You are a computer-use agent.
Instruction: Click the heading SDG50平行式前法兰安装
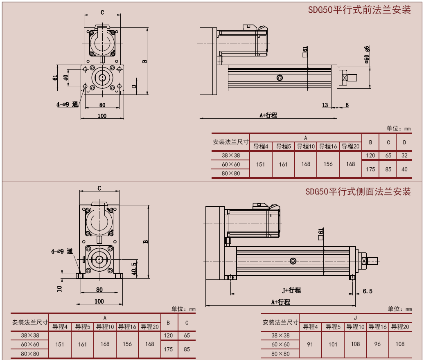point(359,10)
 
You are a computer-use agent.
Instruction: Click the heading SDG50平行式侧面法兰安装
point(358,191)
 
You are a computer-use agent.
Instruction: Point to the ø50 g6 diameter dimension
point(367,54)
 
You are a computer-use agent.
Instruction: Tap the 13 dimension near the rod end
point(325,105)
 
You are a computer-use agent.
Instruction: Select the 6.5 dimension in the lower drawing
point(368,291)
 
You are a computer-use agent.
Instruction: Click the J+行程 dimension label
point(291,290)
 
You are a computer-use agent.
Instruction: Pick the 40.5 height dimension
point(134,269)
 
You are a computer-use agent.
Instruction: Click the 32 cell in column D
point(404,155)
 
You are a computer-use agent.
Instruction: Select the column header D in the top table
point(404,142)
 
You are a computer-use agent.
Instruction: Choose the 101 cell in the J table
point(333,344)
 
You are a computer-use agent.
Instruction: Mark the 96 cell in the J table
point(377,344)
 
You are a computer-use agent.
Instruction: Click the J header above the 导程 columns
point(355,317)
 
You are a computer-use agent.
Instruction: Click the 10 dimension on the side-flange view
point(59,288)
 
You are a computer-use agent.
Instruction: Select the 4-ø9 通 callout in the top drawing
point(67,104)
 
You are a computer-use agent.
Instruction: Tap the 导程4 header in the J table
point(310,327)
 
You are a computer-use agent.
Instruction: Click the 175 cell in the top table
point(370,169)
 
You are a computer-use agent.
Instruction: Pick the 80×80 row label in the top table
point(231,173)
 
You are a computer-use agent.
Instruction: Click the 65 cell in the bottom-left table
point(187,335)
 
